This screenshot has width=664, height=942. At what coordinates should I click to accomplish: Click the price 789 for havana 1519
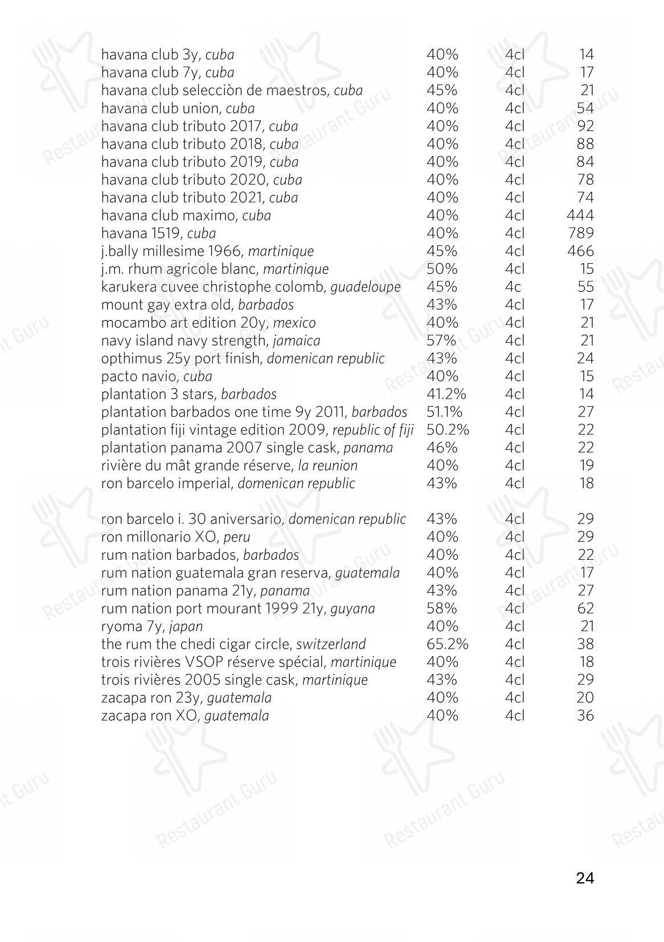pyautogui.click(x=580, y=233)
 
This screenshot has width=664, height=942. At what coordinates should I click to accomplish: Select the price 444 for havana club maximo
pyautogui.click(x=580, y=215)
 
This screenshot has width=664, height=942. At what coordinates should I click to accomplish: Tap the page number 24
pyautogui.click(x=585, y=878)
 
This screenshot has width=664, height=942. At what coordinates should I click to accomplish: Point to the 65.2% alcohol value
pyautogui.click(x=447, y=644)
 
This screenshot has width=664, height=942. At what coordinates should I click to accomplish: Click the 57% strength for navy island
pyautogui.click(x=441, y=341)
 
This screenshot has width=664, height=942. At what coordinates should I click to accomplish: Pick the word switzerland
pyautogui.click(x=331, y=645)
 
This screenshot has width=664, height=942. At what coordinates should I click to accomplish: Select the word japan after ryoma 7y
pyautogui.click(x=186, y=627)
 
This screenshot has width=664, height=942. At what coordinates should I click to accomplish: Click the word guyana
pyautogui.click(x=353, y=609)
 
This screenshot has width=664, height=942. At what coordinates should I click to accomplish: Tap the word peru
pyautogui.click(x=237, y=537)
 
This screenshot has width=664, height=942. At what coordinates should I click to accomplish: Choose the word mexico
pyautogui.click(x=294, y=323)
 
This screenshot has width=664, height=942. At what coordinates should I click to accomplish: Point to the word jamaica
pyautogui.click(x=296, y=341)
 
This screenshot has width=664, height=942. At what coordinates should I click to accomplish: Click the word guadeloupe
pyautogui.click(x=366, y=287)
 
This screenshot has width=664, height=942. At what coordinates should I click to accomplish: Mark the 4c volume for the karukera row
pyautogui.click(x=513, y=286)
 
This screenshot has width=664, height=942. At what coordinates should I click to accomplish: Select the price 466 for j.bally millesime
pyautogui.click(x=580, y=251)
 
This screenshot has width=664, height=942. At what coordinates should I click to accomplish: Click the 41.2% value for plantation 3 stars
pyautogui.click(x=446, y=394)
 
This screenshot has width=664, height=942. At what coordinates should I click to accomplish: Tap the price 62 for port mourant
pyautogui.click(x=585, y=608)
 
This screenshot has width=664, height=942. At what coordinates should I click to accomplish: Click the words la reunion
pyautogui.click(x=328, y=466)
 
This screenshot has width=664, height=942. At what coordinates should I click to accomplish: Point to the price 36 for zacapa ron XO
pyautogui.click(x=585, y=715)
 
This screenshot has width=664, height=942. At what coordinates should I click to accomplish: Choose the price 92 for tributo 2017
pyautogui.click(x=585, y=126)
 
